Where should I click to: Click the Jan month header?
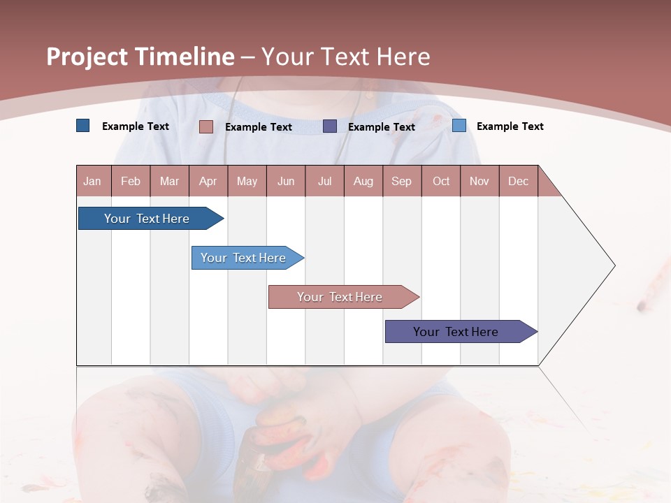pyautogui.click(x=93, y=181)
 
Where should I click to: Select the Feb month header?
pyautogui.click(x=131, y=181)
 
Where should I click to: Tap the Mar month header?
pyautogui.click(x=169, y=181)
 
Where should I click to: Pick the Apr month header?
pyautogui.click(x=208, y=181)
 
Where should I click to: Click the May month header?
pyautogui.click(x=247, y=181)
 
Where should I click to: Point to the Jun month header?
pyautogui.click(x=286, y=181)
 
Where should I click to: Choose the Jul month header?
pyautogui.click(x=324, y=181)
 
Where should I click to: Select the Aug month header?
pyautogui.click(x=363, y=181)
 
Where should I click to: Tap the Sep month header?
pyautogui.click(x=402, y=181)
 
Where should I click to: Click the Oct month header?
pyautogui.click(x=441, y=181)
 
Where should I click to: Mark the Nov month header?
pyautogui.click(x=479, y=181)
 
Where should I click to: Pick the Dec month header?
pyautogui.click(x=519, y=181)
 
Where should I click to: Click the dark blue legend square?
pyautogui.click(x=83, y=126)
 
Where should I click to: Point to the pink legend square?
pyautogui.click(x=206, y=126)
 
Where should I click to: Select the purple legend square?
pyautogui.click(x=330, y=126)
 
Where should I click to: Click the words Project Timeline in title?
pyautogui.click(x=140, y=57)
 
